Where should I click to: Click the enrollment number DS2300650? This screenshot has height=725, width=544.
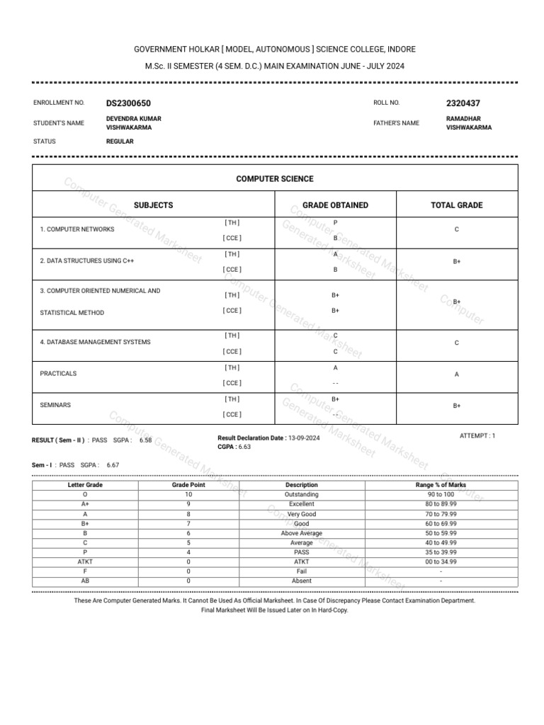(x=128, y=103)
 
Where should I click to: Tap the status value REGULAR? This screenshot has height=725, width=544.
(x=120, y=142)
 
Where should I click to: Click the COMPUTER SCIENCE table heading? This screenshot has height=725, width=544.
(x=275, y=179)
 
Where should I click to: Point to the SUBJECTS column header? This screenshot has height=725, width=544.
(x=153, y=205)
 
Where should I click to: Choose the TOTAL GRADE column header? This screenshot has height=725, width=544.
(x=457, y=205)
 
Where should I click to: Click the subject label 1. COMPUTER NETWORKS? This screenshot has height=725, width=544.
(x=77, y=229)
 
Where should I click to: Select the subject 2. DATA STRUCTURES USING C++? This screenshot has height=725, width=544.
(x=87, y=261)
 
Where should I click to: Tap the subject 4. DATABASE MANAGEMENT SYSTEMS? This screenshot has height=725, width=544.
(x=95, y=342)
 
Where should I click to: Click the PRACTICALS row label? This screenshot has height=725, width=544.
(x=58, y=373)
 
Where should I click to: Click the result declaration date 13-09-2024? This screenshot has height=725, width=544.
(x=304, y=438)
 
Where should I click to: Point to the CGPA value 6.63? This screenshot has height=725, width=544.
(x=244, y=447)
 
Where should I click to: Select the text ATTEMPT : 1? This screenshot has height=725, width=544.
(x=477, y=436)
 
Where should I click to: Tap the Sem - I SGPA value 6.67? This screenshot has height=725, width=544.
(x=113, y=465)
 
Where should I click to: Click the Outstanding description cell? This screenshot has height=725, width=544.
(x=301, y=494)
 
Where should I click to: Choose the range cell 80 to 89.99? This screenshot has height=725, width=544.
(x=441, y=504)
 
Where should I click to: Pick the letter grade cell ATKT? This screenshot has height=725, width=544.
(x=85, y=561)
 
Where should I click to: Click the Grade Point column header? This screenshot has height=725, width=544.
(x=188, y=485)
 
